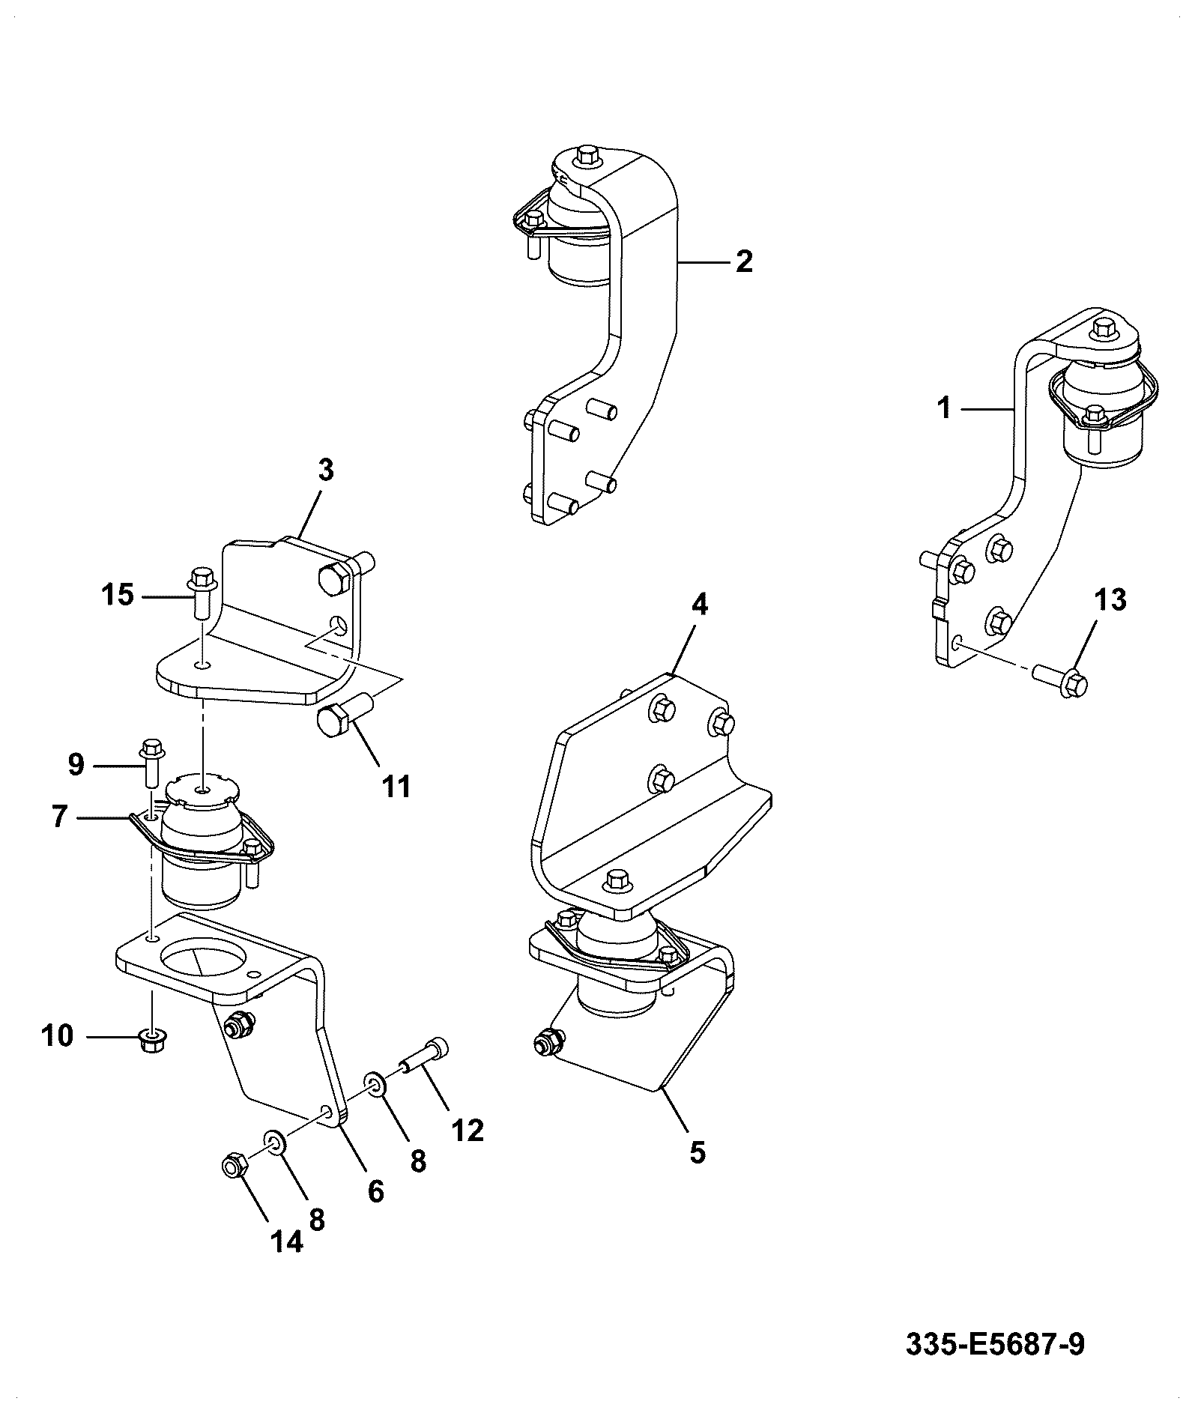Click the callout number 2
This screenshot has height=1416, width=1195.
(x=743, y=261)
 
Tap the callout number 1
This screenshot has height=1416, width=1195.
(x=944, y=408)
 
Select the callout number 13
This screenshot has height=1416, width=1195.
(x=1111, y=599)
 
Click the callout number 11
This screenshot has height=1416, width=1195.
(x=396, y=787)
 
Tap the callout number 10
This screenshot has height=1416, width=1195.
(x=58, y=1036)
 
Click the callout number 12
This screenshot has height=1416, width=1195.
(x=468, y=1130)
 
